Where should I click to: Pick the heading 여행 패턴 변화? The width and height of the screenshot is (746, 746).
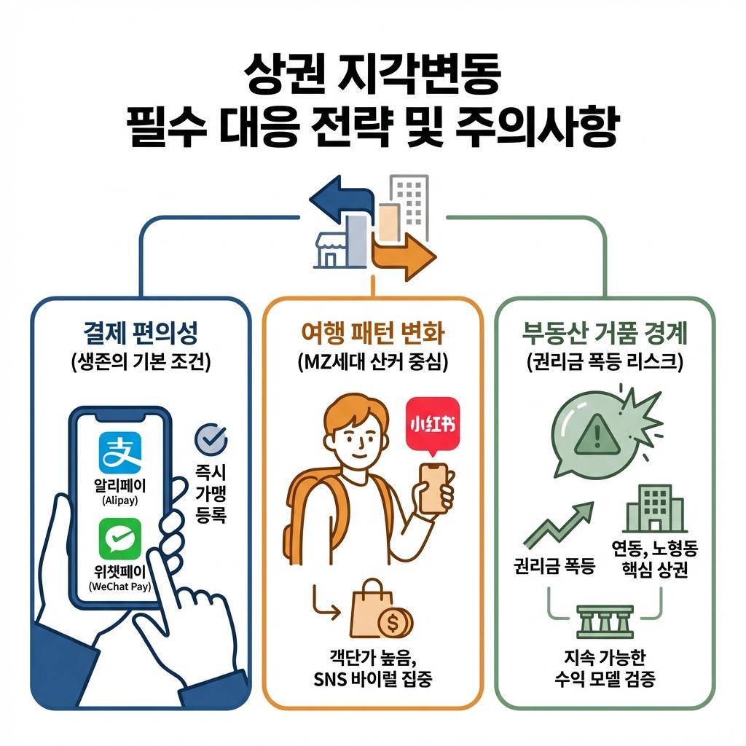pos(372,334)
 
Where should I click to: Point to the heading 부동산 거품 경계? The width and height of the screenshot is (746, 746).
pos(604,334)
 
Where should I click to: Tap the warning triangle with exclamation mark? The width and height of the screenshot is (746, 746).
pos(595,436)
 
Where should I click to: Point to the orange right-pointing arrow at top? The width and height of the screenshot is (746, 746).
pos(403,256)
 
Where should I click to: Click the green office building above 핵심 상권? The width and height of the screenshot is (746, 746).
pos(653,509)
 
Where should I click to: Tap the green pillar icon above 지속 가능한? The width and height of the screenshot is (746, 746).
pos(604,621)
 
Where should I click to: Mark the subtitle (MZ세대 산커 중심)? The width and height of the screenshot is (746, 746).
pos(372,362)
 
